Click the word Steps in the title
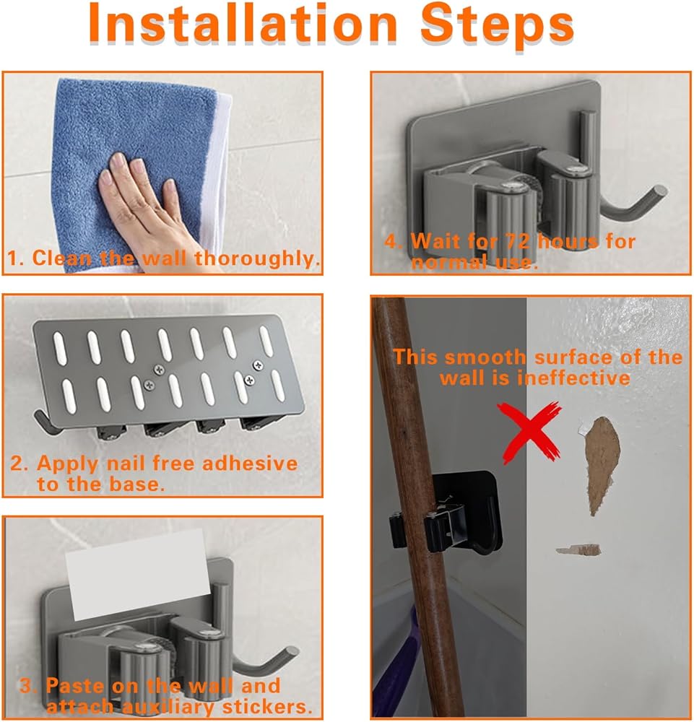[497, 26]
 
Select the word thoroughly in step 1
[257, 258]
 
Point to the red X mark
[529, 432]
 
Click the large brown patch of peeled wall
[602, 463]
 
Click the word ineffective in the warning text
[573, 378]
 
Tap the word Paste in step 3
[75, 686]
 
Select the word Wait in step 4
[435, 241]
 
